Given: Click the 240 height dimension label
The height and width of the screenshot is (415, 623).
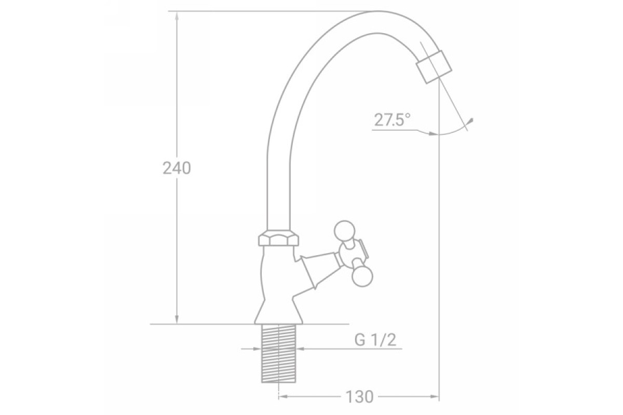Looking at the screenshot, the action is (x=177, y=168).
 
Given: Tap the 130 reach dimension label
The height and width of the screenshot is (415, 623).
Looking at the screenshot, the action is (x=359, y=397).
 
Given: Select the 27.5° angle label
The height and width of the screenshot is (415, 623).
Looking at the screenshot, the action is (x=392, y=120).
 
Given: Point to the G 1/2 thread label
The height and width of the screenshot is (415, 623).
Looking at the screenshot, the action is (x=375, y=340).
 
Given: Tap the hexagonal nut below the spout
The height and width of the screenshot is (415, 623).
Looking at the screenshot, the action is (x=278, y=238).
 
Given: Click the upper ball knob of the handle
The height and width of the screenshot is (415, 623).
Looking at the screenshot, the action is (x=344, y=231).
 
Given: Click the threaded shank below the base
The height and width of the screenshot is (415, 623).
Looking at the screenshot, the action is (x=278, y=353).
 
